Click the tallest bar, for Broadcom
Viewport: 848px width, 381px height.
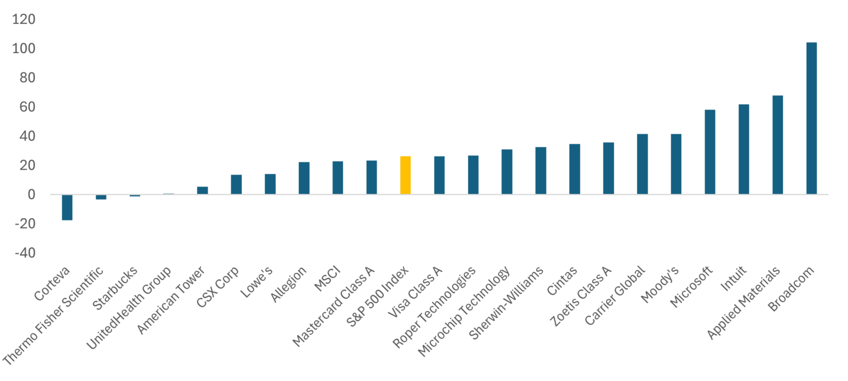811,118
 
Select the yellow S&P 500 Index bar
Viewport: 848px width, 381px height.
405,175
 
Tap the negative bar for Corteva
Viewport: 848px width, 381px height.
67,207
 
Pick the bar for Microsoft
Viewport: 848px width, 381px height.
710,152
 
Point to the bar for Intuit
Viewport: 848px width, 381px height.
744,149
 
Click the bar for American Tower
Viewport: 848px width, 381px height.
203,190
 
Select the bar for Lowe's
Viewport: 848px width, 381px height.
270,184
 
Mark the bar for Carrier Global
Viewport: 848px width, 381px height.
642,164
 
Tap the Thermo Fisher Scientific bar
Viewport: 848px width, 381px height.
101,197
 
